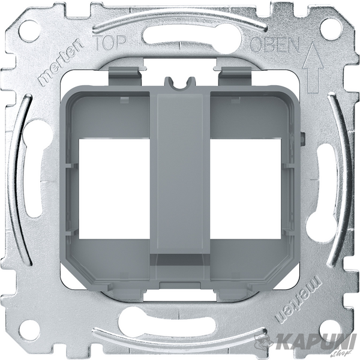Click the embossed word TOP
pos(110,43)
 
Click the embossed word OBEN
pos(275,45)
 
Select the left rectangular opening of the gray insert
pos(115,188)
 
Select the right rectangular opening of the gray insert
pos(245,188)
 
